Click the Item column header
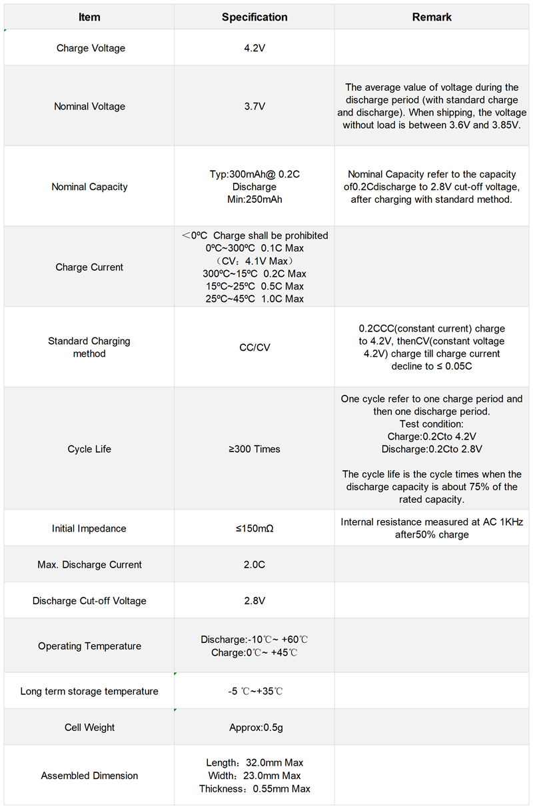[89, 17]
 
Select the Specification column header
[255, 17]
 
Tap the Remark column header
[432, 17]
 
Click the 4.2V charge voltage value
[255, 48]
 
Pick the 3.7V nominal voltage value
[255, 106]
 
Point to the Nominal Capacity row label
[89, 187]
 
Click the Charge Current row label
[89, 267]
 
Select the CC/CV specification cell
[255, 347]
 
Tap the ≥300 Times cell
[255, 449]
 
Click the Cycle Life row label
[89, 449]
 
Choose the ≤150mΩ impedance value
[255, 528]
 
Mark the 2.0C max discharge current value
[255, 564]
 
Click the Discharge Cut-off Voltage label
[89, 601]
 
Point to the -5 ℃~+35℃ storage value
[255, 691]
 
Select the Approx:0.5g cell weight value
[255, 728]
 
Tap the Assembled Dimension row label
[89, 776]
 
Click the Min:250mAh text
[255, 199]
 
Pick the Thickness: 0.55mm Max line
[255, 789]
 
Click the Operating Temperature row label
[89, 646]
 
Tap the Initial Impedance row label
[89, 528]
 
